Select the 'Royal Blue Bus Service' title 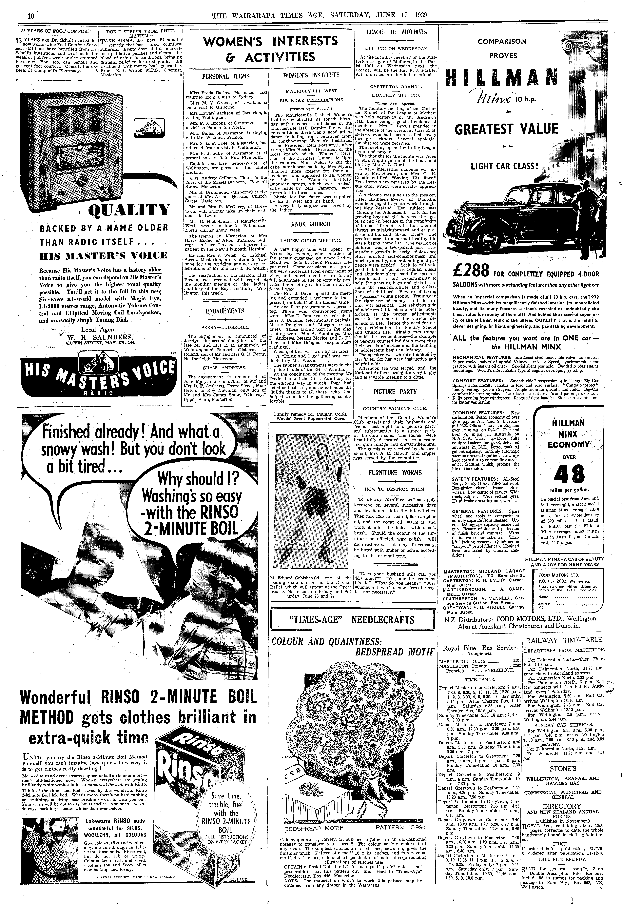click(480, 648)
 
